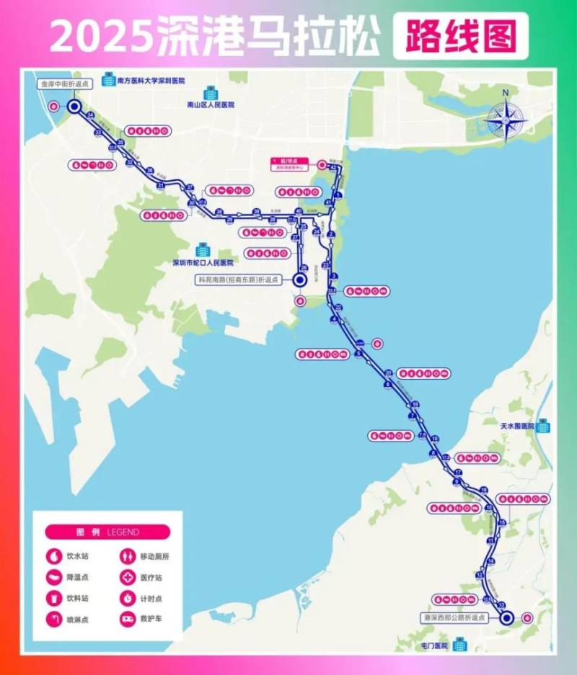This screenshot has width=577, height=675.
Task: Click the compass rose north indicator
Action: coord(506,92)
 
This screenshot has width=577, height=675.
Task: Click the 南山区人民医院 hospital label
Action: coord(211,104)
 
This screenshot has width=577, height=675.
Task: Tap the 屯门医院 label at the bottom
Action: coord(433,645)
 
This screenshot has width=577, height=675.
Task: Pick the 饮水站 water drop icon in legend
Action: coord(53,556)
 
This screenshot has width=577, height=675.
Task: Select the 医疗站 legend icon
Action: coord(128,577)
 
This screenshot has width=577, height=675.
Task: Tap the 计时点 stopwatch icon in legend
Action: coord(128,598)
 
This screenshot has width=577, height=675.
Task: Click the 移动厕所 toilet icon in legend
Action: coord(128,556)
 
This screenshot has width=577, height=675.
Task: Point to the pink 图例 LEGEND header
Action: coord(107,532)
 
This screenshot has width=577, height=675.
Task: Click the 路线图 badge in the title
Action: coord(455,36)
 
